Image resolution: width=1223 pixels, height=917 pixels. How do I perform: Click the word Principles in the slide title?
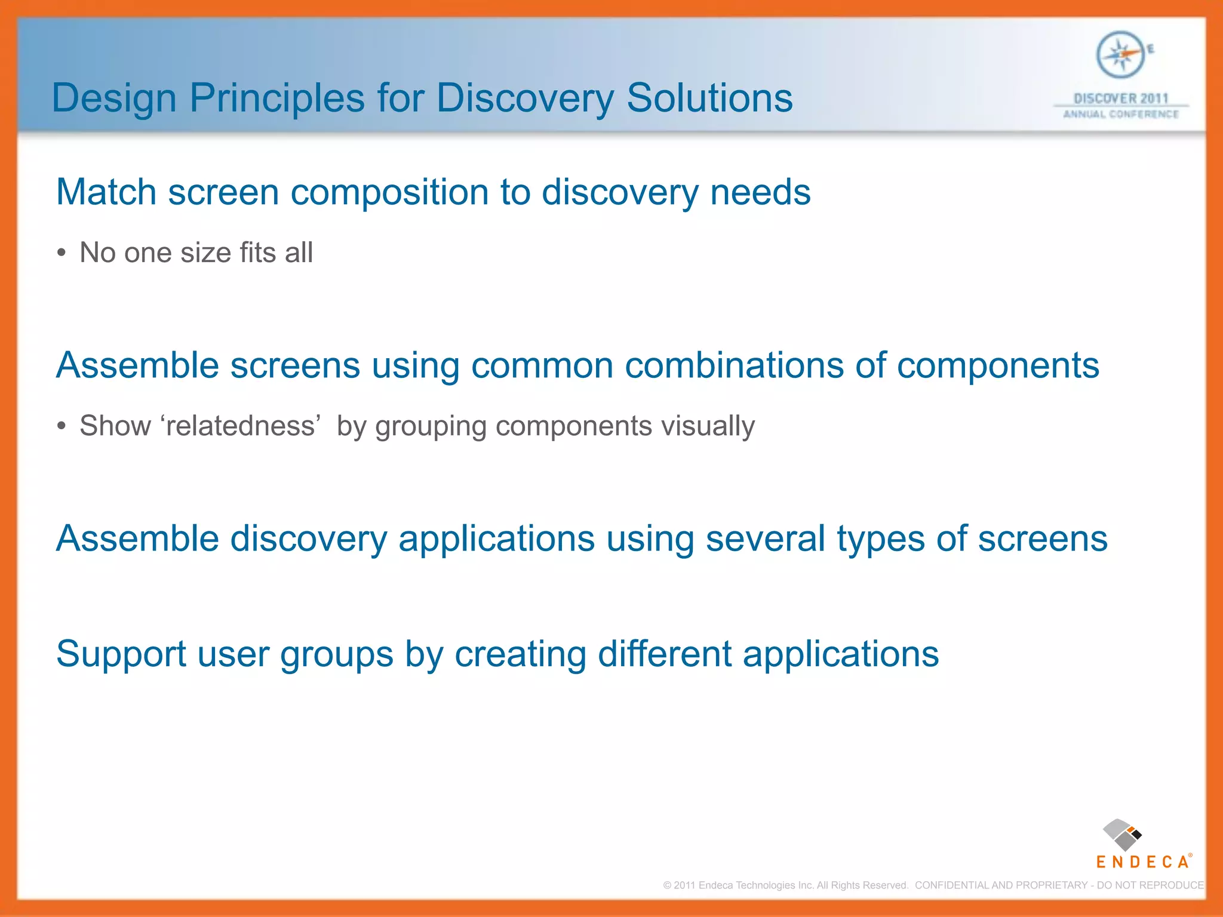[x=276, y=98]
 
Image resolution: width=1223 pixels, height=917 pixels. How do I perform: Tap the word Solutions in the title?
[x=709, y=98]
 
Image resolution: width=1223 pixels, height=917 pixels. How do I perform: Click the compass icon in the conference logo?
[x=1120, y=55]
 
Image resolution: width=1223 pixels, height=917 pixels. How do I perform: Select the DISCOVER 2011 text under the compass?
[x=1120, y=99]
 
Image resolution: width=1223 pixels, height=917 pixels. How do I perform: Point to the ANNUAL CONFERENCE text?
[x=1120, y=114]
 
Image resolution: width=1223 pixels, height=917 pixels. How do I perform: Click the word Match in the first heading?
[x=106, y=192]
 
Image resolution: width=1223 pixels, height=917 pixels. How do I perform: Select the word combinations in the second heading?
[x=734, y=365]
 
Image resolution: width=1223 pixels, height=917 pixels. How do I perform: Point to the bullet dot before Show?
[x=62, y=427]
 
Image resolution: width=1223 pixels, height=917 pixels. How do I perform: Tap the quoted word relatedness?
[x=240, y=426]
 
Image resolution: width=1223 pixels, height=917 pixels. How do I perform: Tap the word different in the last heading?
[x=664, y=654]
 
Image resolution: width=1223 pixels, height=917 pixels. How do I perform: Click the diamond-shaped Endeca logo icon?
[x=1122, y=835]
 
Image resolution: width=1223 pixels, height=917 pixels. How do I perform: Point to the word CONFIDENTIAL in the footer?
[x=951, y=885]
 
